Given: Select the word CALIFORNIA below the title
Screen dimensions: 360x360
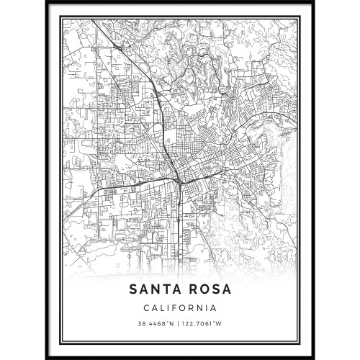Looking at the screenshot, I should point(180,307).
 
